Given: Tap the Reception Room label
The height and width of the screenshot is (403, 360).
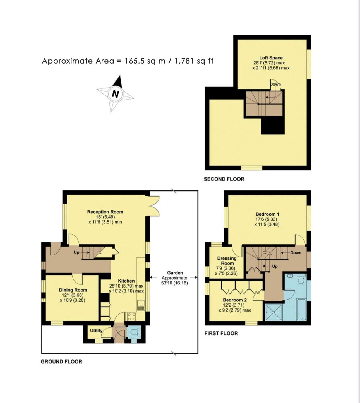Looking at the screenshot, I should [x=105, y=212].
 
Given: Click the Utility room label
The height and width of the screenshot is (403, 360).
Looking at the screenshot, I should [x=96, y=330].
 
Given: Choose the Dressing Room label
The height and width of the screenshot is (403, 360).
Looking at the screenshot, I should [x=227, y=261].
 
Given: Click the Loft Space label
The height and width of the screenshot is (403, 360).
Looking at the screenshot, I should [x=271, y=58].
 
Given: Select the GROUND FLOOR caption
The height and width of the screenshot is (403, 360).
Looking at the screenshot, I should [x=61, y=362].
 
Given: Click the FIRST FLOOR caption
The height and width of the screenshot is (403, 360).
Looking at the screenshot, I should [x=221, y=333].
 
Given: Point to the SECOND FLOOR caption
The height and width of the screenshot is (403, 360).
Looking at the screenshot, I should [x=224, y=179].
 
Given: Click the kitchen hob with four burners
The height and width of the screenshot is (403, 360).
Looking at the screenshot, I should [x=132, y=317].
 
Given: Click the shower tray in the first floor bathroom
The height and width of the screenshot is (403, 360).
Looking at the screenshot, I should [x=273, y=312].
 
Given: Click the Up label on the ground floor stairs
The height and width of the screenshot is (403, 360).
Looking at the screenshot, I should [x=76, y=252].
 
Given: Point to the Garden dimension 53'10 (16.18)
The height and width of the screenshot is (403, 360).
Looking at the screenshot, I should [x=175, y=283].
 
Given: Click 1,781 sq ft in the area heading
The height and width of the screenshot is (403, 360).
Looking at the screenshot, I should [x=194, y=61].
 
